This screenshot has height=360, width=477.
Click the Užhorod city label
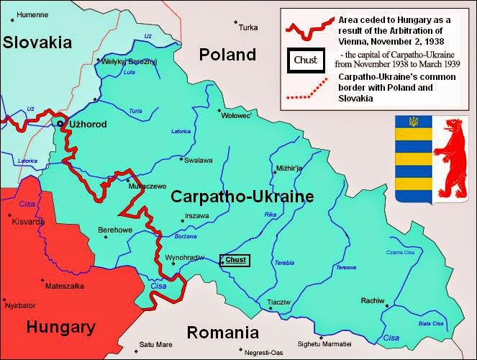pyautogui.click(x=87, y=125)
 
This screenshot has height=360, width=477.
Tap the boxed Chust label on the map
pyautogui.click(x=235, y=260)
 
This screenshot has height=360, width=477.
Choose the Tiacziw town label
pyautogui.click(x=278, y=302)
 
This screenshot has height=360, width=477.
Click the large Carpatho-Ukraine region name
pyautogui.click(x=242, y=196)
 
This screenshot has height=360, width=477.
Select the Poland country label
pyautogui.click(x=227, y=55)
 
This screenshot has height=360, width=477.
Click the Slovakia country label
pyautogui.click(x=37, y=42)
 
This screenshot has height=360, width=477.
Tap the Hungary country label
pyautogui.click(x=61, y=328)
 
